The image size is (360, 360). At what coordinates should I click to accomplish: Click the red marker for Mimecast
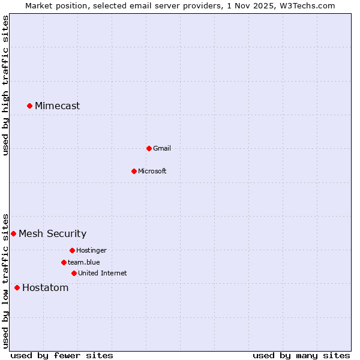pyautogui.click(x=29, y=106)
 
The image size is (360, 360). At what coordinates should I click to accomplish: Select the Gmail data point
pyautogui.click(x=149, y=148)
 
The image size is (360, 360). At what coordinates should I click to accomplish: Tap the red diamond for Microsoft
pyautogui.click(x=134, y=171)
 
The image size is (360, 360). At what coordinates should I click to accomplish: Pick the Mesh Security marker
pyautogui.click(x=13, y=233)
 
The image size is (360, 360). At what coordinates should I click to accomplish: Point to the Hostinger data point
pyautogui.click(x=72, y=250)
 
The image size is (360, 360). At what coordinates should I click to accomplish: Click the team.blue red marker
pyautogui.click(x=64, y=262)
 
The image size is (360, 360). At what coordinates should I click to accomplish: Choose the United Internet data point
pyautogui.click(x=74, y=273)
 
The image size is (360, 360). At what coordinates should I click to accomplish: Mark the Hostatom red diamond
pyautogui.click(x=17, y=288)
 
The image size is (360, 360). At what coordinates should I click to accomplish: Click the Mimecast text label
pyautogui.click(x=57, y=106)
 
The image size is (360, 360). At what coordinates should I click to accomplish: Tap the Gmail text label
pyautogui.click(x=162, y=148)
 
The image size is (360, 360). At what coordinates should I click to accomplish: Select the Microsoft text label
pyautogui.click(x=152, y=171)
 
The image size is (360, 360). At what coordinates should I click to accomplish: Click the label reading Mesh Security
pyautogui.click(x=52, y=233)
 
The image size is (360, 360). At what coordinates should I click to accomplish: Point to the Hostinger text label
pyautogui.click(x=91, y=250)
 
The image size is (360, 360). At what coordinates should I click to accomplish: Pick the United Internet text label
pyautogui.click(x=102, y=273)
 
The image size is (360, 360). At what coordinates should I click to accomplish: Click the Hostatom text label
pyautogui.click(x=45, y=288)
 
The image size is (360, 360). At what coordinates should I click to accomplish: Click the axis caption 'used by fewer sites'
pyautogui.click(x=62, y=355)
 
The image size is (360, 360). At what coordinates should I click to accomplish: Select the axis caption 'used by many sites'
pyautogui.click(x=301, y=355)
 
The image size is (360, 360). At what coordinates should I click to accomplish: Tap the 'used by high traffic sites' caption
pyautogui.click(x=5, y=85)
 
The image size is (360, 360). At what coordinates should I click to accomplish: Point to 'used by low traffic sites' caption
pyautogui.click(x=5, y=280)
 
